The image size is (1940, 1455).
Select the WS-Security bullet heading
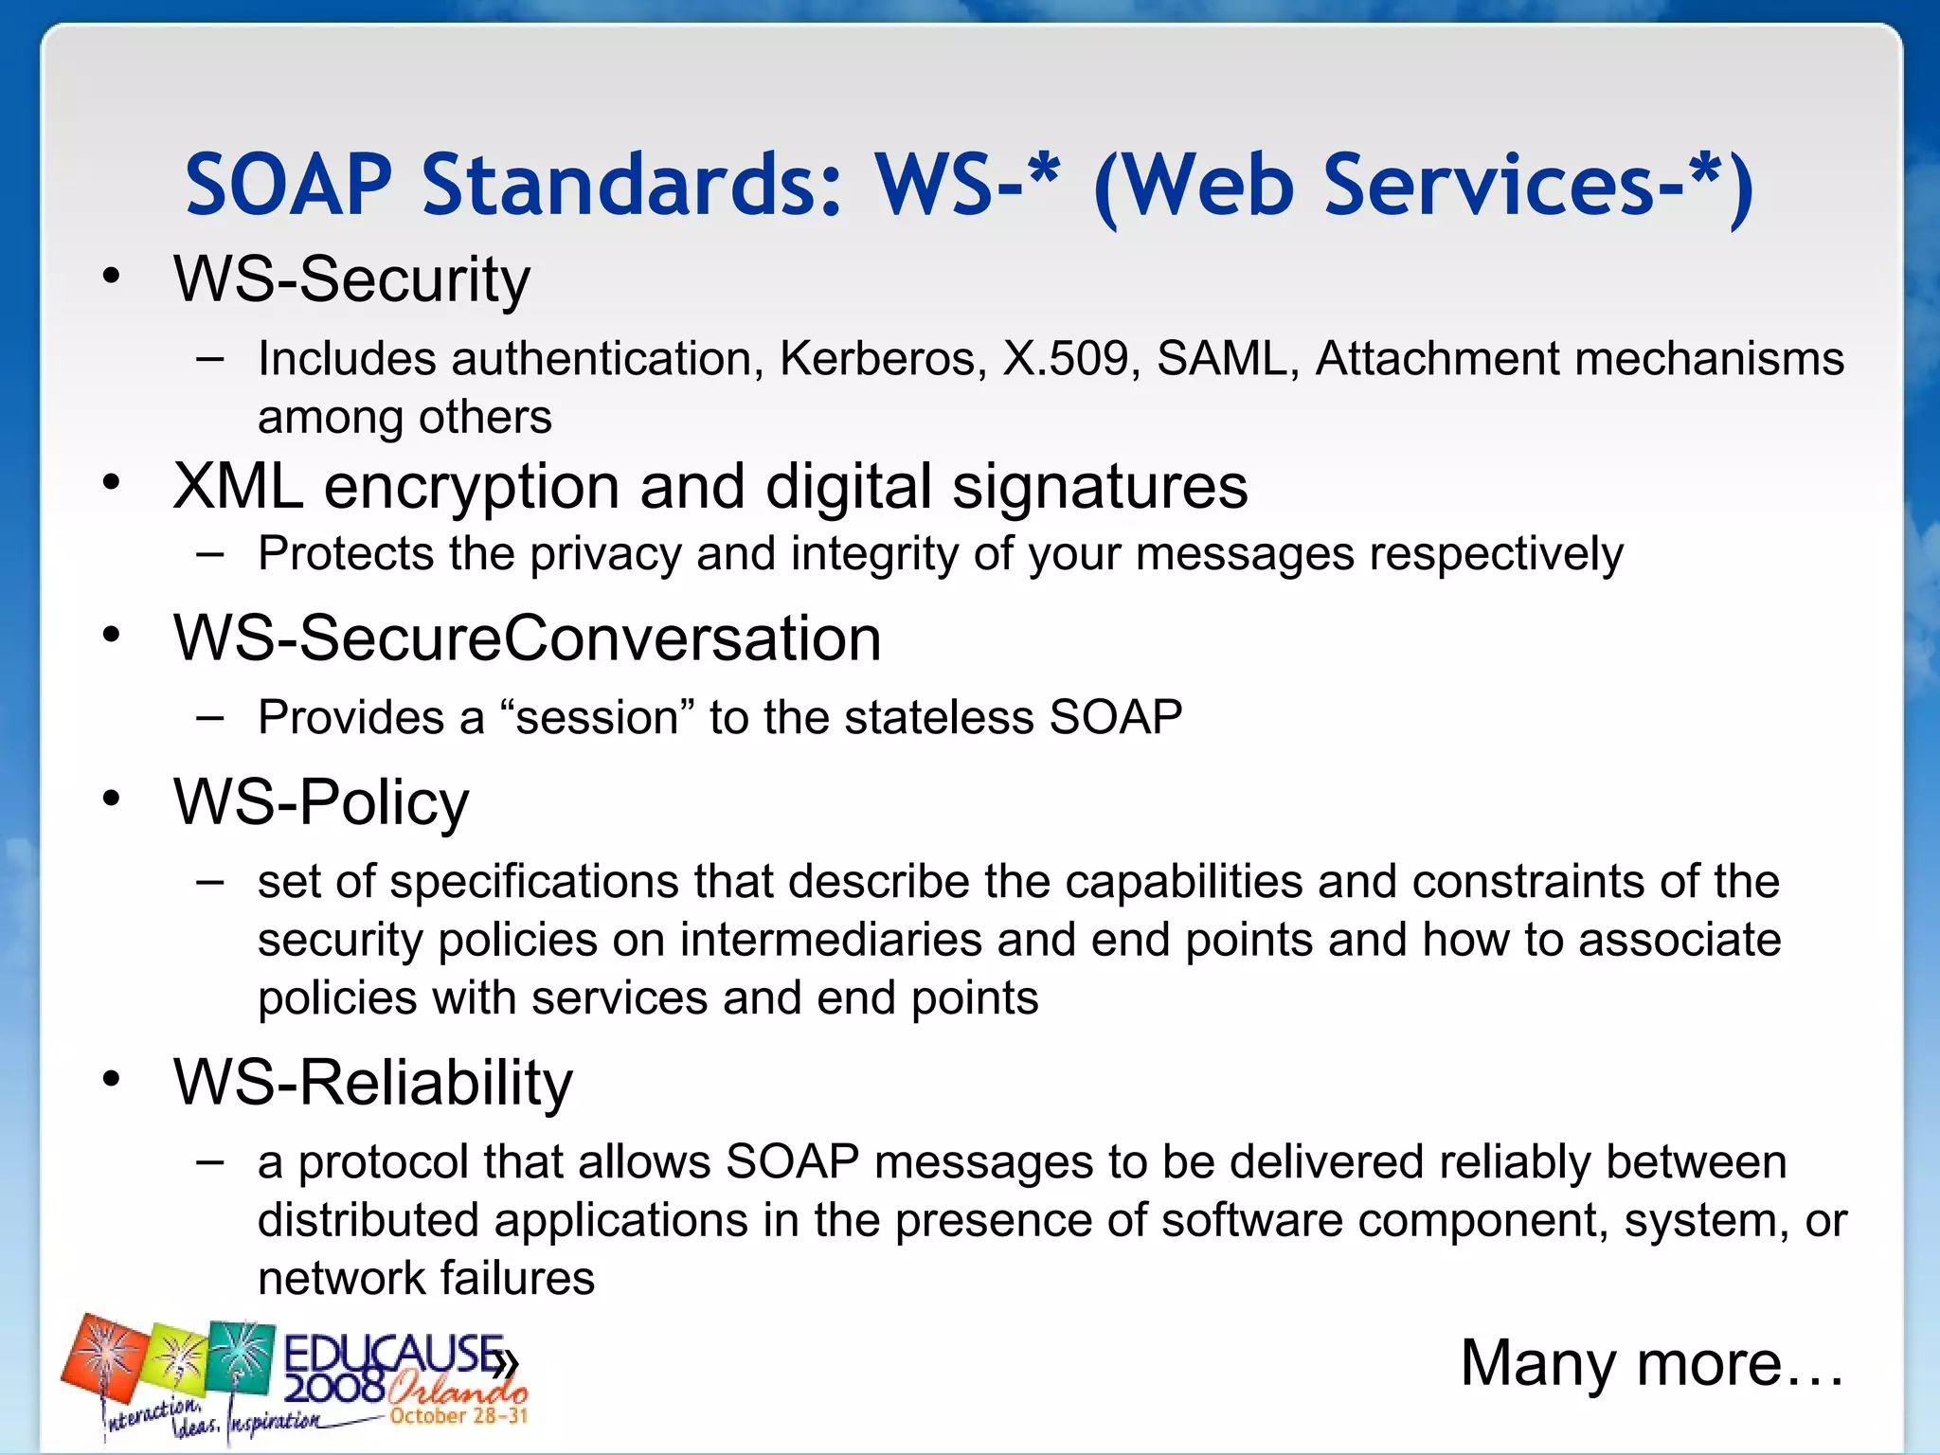[351, 279]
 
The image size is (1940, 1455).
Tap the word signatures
[1100, 488]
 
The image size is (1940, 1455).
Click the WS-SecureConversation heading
[527, 638]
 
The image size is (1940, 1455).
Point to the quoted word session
[597, 718]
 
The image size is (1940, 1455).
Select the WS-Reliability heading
[373, 1083]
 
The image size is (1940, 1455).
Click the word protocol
[383, 1162]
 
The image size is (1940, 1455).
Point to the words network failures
[426, 1279]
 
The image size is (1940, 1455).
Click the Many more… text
[1651, 1364]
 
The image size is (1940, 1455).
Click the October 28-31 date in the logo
[458, 1416]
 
